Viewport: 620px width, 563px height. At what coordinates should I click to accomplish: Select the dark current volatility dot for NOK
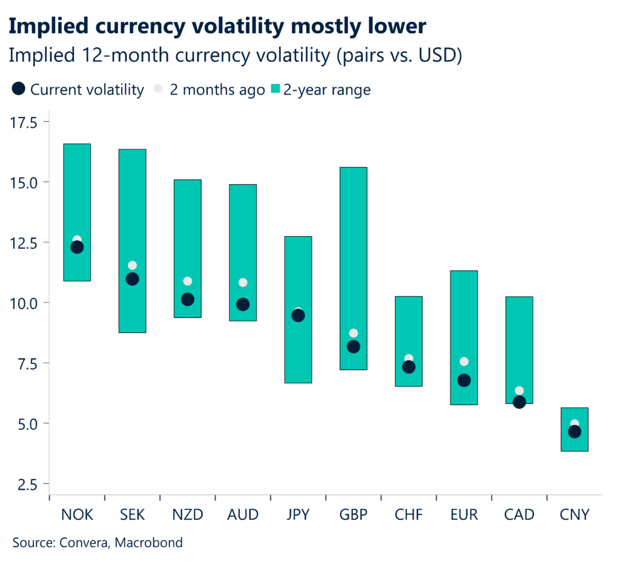coord(77,247)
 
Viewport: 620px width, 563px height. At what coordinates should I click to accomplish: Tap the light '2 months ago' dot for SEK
coord(132,265)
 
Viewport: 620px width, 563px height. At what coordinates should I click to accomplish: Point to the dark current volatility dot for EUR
coord(464,380)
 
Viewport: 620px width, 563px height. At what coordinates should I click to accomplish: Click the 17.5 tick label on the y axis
coord(24,123)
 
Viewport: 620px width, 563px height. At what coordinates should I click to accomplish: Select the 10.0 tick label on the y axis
coord(24,303)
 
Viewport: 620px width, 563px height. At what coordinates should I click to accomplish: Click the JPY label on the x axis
coord(298,515)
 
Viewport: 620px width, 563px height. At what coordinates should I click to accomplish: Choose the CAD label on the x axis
coord(519,515)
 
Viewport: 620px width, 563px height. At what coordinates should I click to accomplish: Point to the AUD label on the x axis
coord(243,515)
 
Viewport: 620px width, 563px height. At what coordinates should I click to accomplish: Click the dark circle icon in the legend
coord(19,90)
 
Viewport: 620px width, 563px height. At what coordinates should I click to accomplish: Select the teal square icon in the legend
coord(275,90)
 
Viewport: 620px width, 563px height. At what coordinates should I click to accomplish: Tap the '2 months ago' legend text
coord(217,90)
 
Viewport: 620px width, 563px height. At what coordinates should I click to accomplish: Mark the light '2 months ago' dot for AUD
coord(243,282)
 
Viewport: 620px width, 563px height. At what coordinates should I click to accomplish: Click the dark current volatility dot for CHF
coord(409,367)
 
